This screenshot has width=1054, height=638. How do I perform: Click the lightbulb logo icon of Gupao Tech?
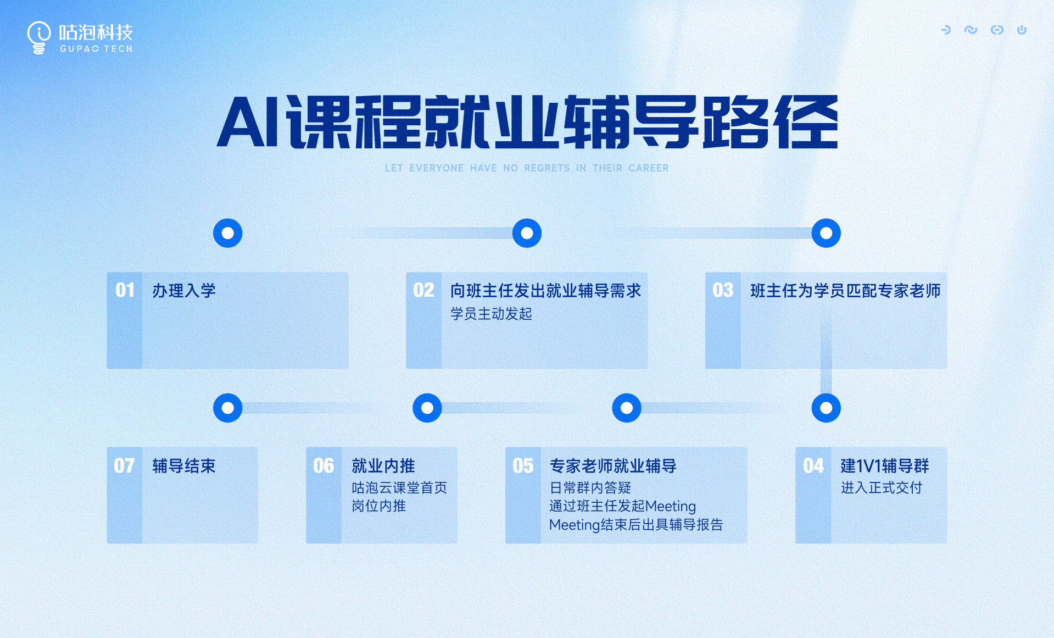point(38,37)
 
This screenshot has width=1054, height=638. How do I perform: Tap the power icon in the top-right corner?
point(1022,30)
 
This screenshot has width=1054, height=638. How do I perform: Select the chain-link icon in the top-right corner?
point(997,30)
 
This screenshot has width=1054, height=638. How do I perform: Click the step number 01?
point(125,290)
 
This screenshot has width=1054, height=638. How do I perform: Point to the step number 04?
point(813,466)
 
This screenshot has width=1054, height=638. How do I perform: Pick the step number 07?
point(124,466)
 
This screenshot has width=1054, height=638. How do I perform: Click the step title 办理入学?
point(184,291)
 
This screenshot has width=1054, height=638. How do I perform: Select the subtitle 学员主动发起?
point(491,314)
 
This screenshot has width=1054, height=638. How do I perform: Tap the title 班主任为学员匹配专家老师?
point(845,291)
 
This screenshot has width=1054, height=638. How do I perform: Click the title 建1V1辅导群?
point(885,466)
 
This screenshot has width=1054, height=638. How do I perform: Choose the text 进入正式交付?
point(881,487)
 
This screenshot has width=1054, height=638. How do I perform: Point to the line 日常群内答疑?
point(590,487)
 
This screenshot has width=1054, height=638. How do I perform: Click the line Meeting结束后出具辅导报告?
point(636,525)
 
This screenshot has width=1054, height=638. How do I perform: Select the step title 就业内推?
point(383,466)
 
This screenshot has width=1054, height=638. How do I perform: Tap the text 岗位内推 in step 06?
point(379,506)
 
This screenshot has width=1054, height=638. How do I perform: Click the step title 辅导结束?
point(184,466)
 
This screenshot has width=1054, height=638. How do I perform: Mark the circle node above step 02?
point(527,233)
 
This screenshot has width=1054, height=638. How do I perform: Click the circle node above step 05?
point(627,408)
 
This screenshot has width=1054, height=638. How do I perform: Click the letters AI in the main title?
point(249,122)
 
